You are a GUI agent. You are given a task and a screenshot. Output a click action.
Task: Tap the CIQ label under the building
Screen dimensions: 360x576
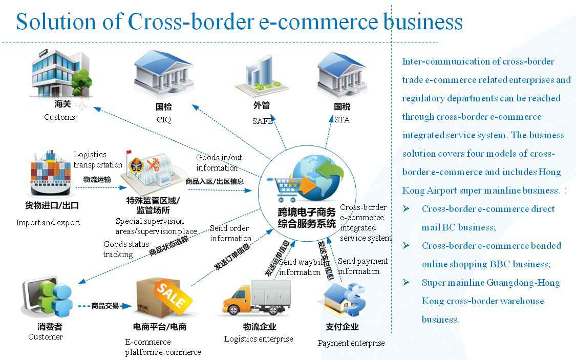coord(163,120)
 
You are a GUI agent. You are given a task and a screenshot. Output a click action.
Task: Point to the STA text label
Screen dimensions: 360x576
coord(342,120)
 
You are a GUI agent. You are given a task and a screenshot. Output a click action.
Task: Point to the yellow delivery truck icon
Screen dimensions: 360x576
coord(256,300)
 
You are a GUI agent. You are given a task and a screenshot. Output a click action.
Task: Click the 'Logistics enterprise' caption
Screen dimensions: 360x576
coord(259,339)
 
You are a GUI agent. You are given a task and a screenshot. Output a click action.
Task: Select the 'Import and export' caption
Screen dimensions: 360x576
coord(48,223)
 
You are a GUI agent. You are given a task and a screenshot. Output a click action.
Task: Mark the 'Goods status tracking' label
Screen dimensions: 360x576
coord(126,249)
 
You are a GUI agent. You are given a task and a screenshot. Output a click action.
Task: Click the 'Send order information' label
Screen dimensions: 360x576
coord(230,234)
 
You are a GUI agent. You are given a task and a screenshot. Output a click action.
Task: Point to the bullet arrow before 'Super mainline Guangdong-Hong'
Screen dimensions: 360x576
coord(406,283)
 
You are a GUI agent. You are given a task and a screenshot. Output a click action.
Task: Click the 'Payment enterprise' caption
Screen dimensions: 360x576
coord(351,343)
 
